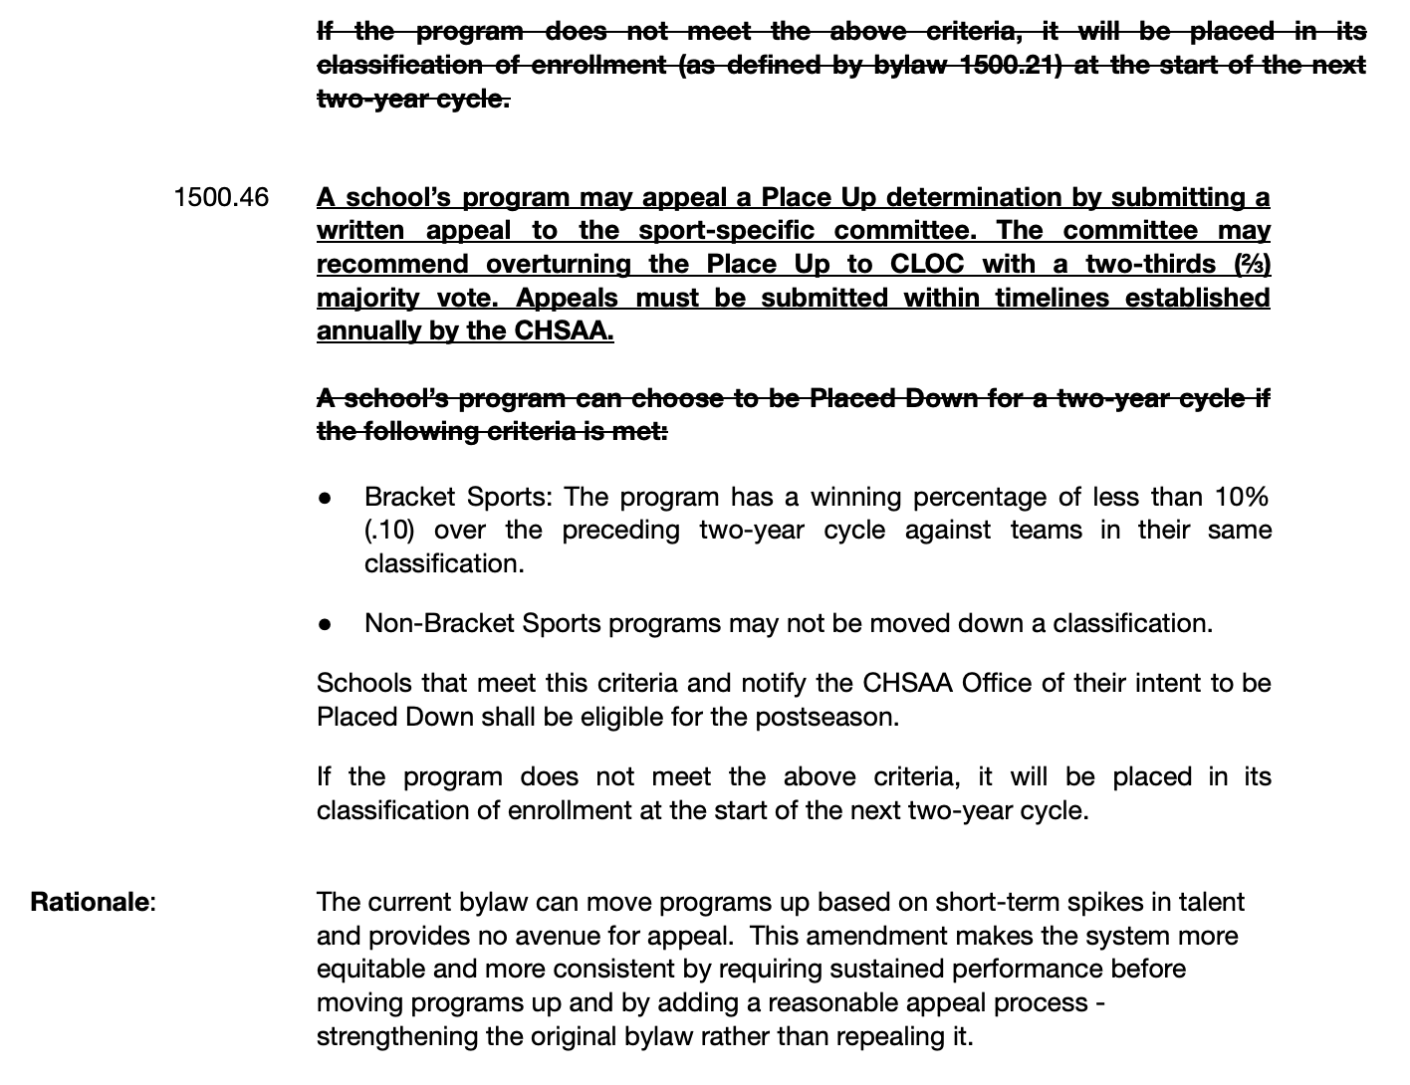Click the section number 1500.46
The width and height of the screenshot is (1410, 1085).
[x=220, y=197]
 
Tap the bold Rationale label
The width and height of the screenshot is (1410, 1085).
[x=91, y=902]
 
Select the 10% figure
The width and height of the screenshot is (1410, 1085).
[x=1241, y=497]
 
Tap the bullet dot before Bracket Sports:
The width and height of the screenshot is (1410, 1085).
[x=326, y=498]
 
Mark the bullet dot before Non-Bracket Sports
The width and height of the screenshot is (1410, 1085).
[x=326, y=624]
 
